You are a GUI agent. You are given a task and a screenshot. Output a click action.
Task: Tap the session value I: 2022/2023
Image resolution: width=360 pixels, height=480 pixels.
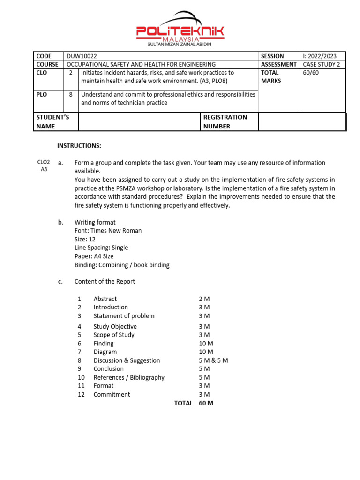(320, 56)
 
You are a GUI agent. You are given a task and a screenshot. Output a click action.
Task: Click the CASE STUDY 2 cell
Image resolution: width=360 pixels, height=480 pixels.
(322, 64)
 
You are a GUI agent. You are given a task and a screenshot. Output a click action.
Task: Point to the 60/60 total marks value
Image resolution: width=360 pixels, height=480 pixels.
(311, 73)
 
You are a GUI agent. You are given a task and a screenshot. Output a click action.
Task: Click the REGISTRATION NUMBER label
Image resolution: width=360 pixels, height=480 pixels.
(225, 121)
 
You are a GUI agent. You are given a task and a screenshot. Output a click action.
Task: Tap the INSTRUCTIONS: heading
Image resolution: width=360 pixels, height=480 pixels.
(79, 146)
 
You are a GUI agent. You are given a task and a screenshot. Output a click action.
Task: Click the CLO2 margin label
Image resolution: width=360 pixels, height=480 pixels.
(44, 162)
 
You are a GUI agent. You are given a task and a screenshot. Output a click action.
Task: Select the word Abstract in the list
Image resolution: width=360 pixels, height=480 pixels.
(105, 299)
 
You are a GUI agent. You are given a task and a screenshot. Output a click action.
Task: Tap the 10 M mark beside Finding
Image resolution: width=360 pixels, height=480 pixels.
(206, 344)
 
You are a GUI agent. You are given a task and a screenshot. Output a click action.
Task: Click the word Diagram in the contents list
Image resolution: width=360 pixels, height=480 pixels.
(105, 352)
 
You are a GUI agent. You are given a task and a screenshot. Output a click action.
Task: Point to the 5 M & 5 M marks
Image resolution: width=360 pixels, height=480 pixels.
(213, 360)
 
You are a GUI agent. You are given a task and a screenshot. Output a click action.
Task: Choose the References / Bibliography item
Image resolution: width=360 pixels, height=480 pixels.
(129, 377)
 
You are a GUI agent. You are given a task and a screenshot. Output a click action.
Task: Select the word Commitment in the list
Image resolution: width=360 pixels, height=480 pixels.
(112, 394)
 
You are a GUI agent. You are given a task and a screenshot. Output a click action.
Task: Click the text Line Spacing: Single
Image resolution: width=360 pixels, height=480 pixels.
(101, 247)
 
